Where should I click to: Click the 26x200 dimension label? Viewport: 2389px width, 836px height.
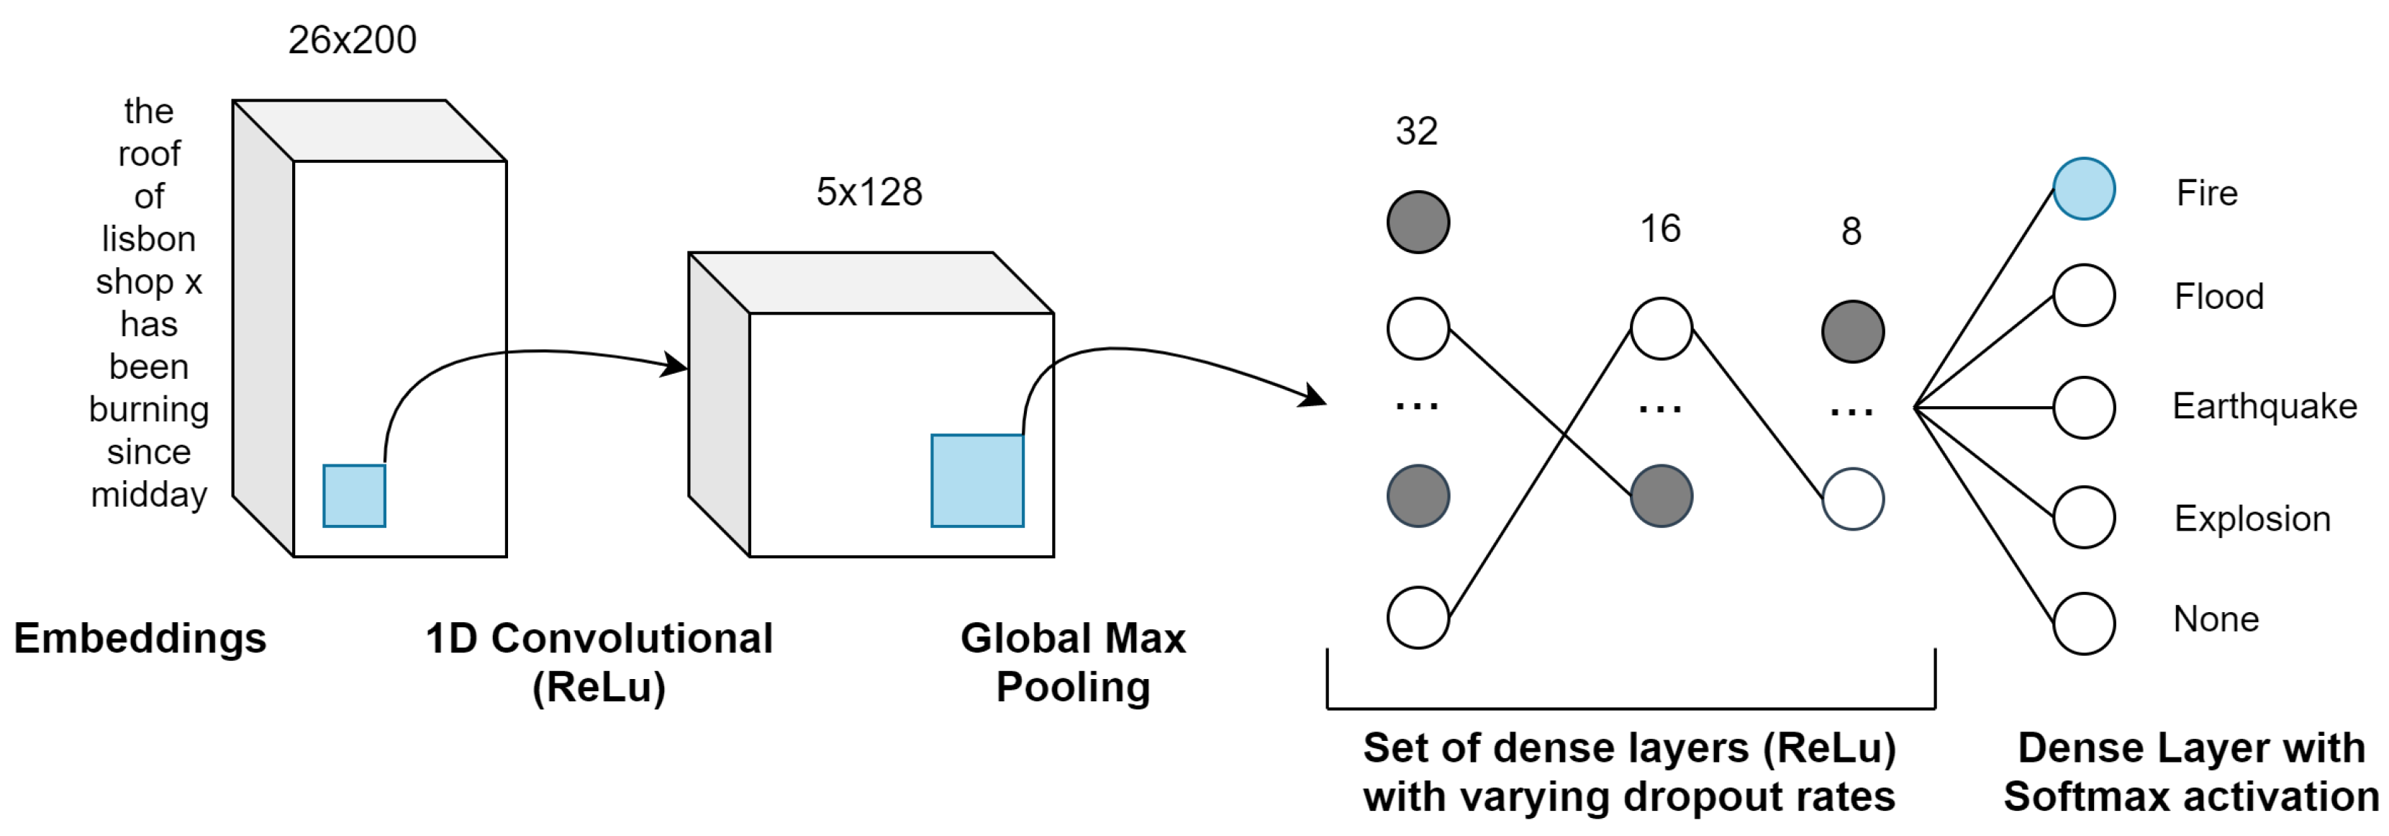[x=353, y=40]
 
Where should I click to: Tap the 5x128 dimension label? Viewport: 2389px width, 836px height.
[x=869, y=192]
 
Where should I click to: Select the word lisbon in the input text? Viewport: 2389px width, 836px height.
[x=148, y=239]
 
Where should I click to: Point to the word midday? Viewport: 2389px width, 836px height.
[x=148, y=495]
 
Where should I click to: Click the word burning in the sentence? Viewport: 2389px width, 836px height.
[x=148, y=409]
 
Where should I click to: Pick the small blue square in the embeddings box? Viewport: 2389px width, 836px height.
[x=354, y=496]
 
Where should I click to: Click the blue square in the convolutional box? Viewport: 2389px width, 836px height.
[x=977, y=480]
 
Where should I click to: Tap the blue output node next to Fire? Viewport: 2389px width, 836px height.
[x=2084, y=189]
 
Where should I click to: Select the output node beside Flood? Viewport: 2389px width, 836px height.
[x=2084, y=296]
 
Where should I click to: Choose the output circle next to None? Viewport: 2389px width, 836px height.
[x=2084, y=624]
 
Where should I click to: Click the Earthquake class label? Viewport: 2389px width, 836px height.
[x=2264, y=406]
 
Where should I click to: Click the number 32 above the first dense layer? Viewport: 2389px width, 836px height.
[x=1416, y=131]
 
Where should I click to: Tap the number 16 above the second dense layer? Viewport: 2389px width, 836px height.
[x=1660, y=228]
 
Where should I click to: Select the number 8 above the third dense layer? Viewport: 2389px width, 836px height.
[x=1851, y=231]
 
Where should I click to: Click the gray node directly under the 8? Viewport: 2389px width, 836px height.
[x=1853, y=331]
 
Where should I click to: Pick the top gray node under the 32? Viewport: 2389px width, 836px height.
[x=1418, y=223]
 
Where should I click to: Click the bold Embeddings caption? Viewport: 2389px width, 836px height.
[x=140, y=639]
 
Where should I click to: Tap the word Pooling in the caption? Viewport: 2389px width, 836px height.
[x=1073, y=688]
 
